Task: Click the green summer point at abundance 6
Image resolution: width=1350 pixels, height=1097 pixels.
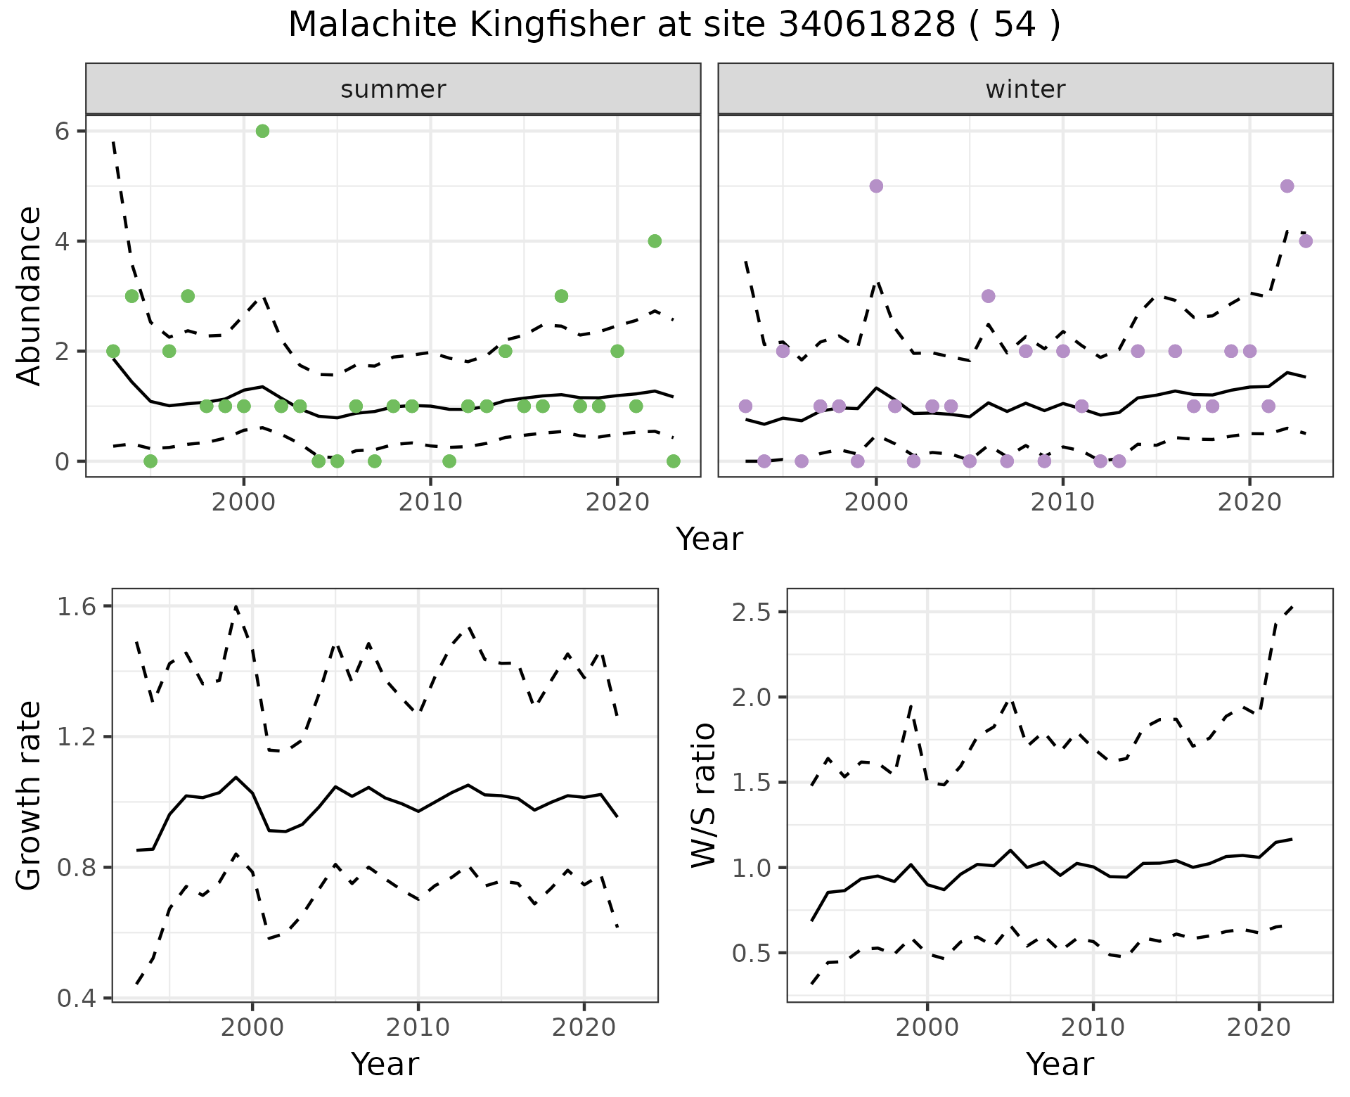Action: [x=262, y=131]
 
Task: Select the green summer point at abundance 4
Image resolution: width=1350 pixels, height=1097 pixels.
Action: [x=655, y=241]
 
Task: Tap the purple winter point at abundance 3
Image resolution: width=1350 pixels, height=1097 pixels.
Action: [x=988, y=296]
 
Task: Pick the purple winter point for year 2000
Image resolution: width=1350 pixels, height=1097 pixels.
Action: [x=876, y=186]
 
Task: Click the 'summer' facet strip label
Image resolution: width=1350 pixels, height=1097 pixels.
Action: [x=393, y=89]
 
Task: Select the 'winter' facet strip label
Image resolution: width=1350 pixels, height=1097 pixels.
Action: [x=1025, y=89]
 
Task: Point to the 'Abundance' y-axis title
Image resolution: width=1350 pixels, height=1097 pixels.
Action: [x=29, y=295]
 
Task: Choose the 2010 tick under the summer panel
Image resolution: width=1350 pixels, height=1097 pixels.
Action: [x=430, y=503]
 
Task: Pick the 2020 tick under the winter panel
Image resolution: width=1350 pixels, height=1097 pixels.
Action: [x=1249, y=503]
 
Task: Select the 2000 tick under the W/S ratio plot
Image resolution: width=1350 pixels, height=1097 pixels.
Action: [x=927, y=1027]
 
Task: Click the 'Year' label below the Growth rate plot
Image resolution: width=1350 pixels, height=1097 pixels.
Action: [x=385, y=1065]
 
